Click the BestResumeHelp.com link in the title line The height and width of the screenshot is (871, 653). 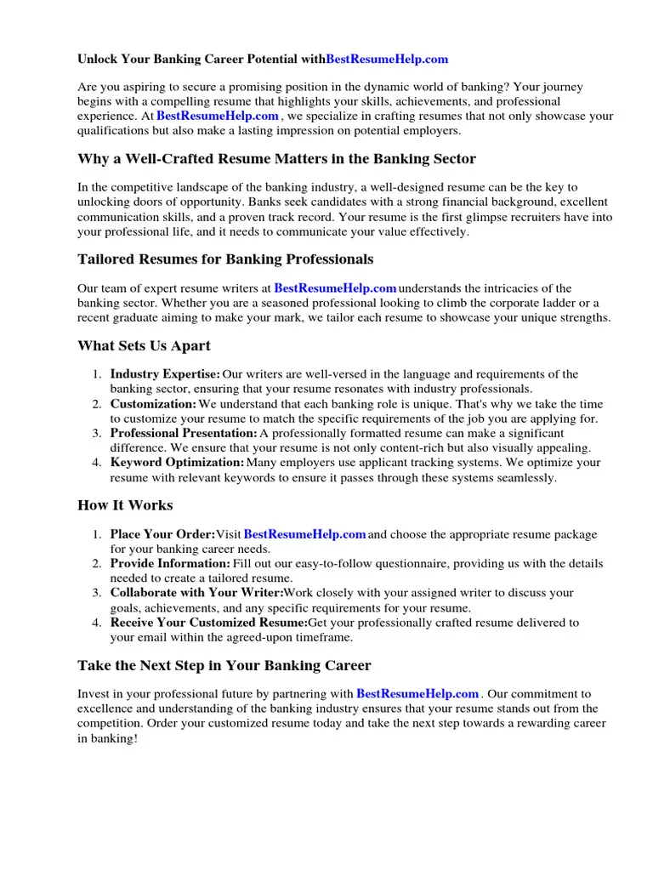click(387, 60)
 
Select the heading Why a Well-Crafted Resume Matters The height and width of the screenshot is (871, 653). click(276, 159)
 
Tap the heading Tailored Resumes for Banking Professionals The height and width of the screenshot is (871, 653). click(225, 259)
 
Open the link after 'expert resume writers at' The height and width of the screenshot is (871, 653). click(336, 289)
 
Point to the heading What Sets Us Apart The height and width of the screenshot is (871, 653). click(144, 346)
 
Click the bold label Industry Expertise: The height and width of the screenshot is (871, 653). click(165, 374)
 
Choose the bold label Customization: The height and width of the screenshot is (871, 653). click(153, 404)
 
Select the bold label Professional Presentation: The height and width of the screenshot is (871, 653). click(184, 434)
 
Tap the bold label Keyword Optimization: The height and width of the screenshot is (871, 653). click(177, 463)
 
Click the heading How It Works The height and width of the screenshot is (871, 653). click(125, 505)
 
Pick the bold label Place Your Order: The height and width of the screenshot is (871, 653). click(162, 534)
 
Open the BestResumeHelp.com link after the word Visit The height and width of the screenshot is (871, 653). click(305, 534)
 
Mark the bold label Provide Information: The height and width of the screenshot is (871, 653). click(170, 563)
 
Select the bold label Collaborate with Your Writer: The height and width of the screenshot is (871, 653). click(196, 593)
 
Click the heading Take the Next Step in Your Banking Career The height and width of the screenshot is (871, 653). click(224, 665)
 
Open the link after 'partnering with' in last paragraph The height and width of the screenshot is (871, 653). click(417, 694)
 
